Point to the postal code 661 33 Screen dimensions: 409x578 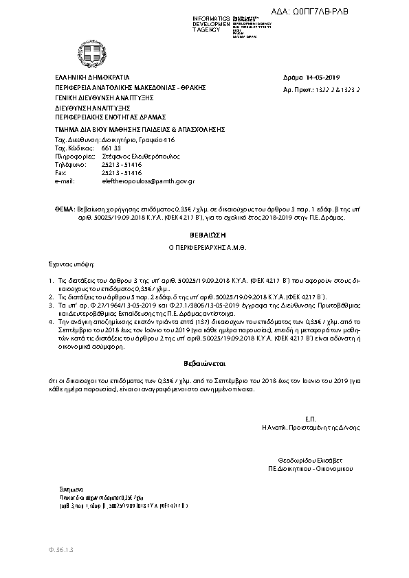click(x=111, y=148)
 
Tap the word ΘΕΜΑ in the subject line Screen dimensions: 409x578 click(x=64, y=206)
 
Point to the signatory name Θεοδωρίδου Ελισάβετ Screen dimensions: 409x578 click(x=310, y=459)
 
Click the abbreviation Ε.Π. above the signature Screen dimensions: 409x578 click(x=310, y=418)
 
